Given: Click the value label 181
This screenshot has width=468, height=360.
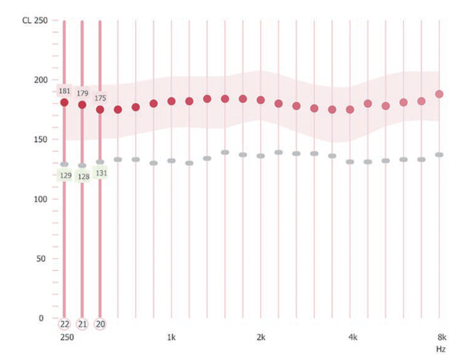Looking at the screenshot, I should click(x=64, y=91).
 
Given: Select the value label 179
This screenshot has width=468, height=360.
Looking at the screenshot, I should click(x=82, y=93).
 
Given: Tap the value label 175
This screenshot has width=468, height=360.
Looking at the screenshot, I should click(x=100, y=98).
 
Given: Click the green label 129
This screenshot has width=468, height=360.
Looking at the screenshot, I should click(x=64, y=175).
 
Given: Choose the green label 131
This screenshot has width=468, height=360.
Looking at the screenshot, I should click(x=100, y=173).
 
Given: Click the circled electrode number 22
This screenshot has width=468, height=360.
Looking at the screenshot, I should click(x=64, y=324).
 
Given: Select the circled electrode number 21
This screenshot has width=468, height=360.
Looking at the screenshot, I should click(x=82, y=324).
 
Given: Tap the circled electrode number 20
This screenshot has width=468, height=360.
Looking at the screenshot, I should click(x=100, y=324).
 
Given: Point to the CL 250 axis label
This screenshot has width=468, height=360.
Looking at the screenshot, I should click(x=35, y=20).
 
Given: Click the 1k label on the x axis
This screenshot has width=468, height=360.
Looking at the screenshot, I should click(x=171, y=338).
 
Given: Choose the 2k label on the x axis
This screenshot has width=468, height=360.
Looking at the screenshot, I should click(x=261, y=338).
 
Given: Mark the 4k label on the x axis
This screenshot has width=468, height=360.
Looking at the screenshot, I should click(x=352, y=338).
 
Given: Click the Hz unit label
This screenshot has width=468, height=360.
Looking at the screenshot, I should click(x=441, y=349).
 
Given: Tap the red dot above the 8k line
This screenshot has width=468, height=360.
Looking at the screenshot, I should click(x=439, y=94).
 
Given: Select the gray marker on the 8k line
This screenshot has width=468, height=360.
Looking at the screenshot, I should click(x=439, y=155).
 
